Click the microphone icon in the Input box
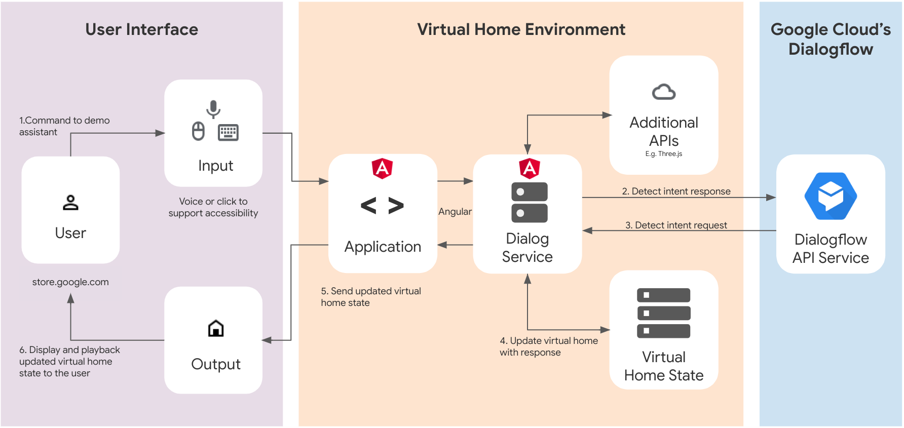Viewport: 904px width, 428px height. pos(213,109)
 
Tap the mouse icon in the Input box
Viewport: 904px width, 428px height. pos(198,131)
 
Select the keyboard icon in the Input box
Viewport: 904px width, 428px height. pos(228,132)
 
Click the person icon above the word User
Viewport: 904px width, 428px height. pos(70,203)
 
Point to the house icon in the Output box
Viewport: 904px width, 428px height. pos(216,329)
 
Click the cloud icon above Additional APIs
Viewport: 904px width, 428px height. pos(663,92)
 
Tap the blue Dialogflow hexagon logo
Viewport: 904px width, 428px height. pos(831,196)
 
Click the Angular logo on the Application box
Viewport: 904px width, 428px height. pos(383,168)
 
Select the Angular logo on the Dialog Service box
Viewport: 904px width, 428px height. pos(530,168)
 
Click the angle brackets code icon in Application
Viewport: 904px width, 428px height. pos(382,206)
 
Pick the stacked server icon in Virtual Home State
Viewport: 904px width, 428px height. pos(663,313)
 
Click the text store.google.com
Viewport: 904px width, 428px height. pos(70,282)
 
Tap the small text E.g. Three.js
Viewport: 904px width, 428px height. pos(663,154)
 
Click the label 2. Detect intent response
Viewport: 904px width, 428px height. pos(676,191)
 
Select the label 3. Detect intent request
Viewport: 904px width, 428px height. pos(676,225)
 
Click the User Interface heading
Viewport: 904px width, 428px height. pos(141,29)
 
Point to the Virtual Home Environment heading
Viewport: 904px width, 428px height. pos(521,29)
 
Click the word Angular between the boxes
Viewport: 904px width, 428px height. pos(455,212)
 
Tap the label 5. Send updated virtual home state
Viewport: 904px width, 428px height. pos(370,297)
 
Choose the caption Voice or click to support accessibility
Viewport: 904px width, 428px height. pos(213,207)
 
